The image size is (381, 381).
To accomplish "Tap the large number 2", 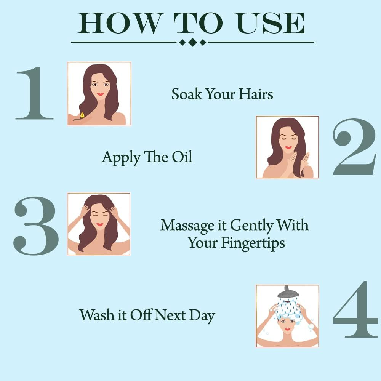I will pos(354,147).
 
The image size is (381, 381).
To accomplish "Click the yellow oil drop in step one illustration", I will pos(82,114).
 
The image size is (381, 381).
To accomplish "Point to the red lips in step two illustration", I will pos(289,147).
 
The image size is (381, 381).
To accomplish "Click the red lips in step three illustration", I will pos(99,224).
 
